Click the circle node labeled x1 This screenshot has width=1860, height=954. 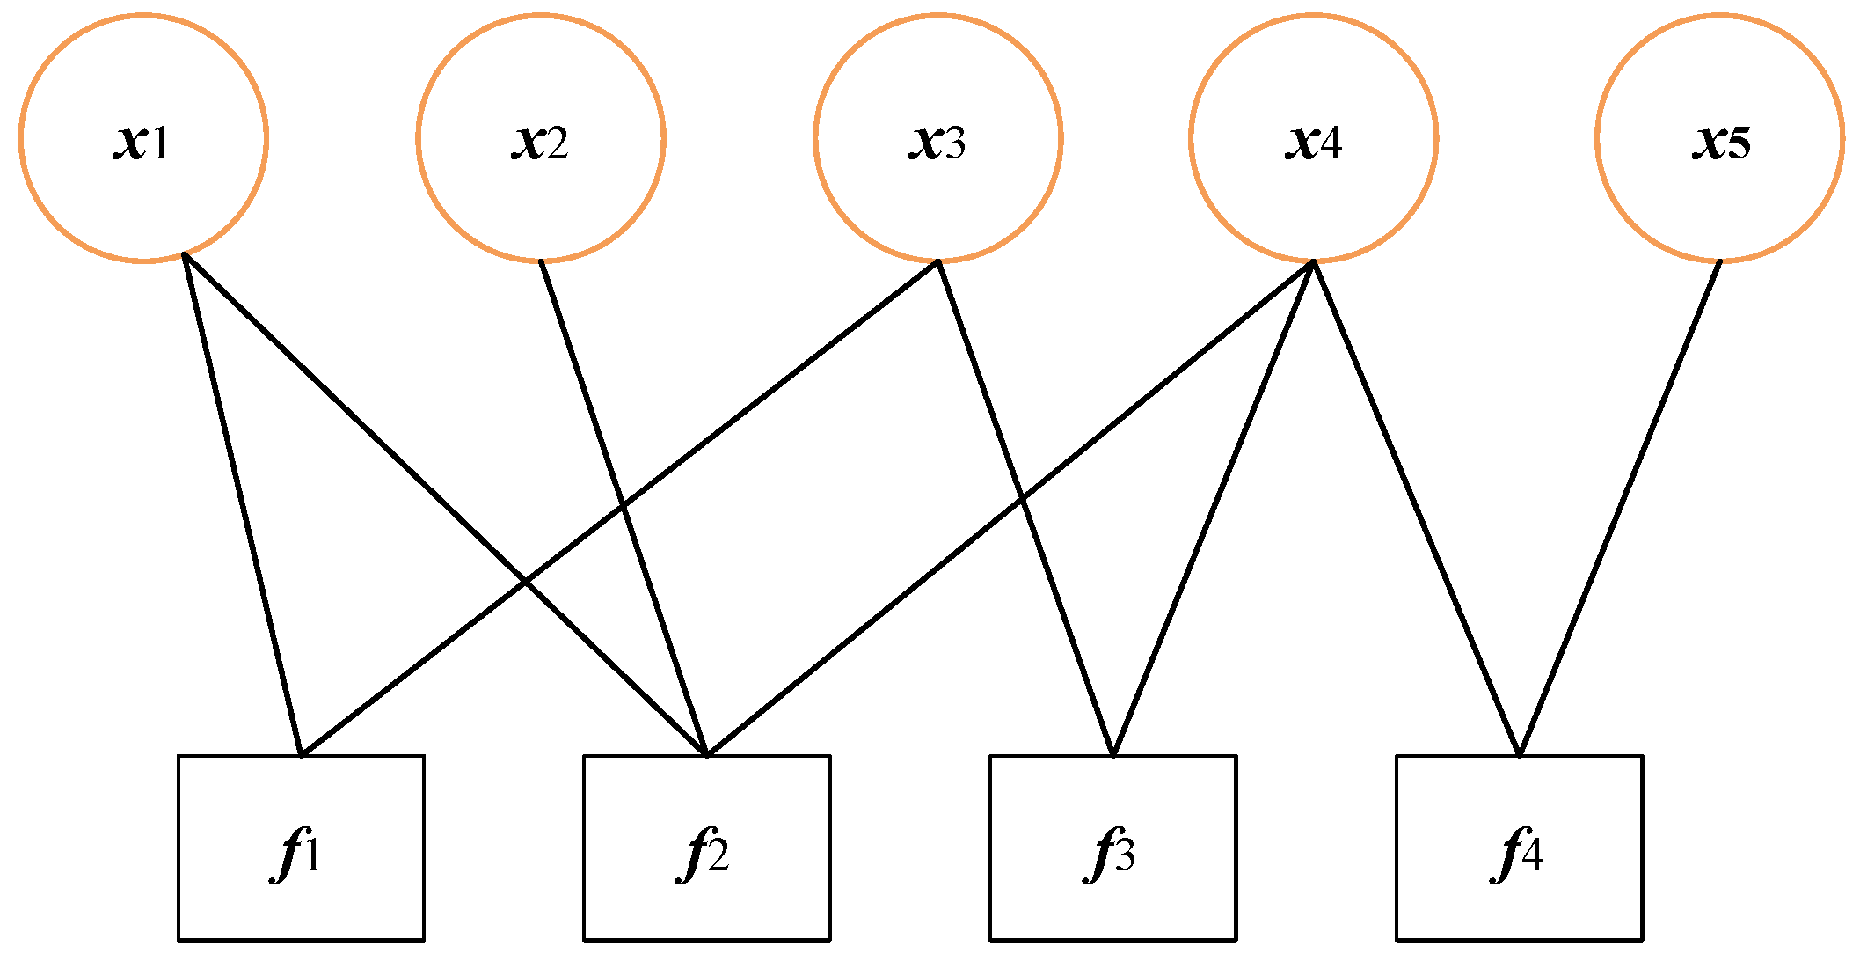pyautogui.click(x=143, y=137)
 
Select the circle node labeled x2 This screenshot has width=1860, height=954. pyautogui.click(x=540, y=137)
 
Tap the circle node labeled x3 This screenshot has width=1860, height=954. pyautogui.click(x=938, y=137)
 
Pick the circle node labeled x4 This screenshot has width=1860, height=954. pyautogui.click(x=1313, y=137)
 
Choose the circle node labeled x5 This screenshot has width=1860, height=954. pyautogui.click(x=1719, y=137)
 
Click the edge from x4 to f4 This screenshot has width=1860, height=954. pyautogui.click(x=1416, y=508)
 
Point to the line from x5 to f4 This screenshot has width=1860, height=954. pyautogui.click(x=1619, y=508)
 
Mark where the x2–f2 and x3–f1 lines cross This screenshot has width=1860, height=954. pyautogui.click(x=624, y=506)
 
